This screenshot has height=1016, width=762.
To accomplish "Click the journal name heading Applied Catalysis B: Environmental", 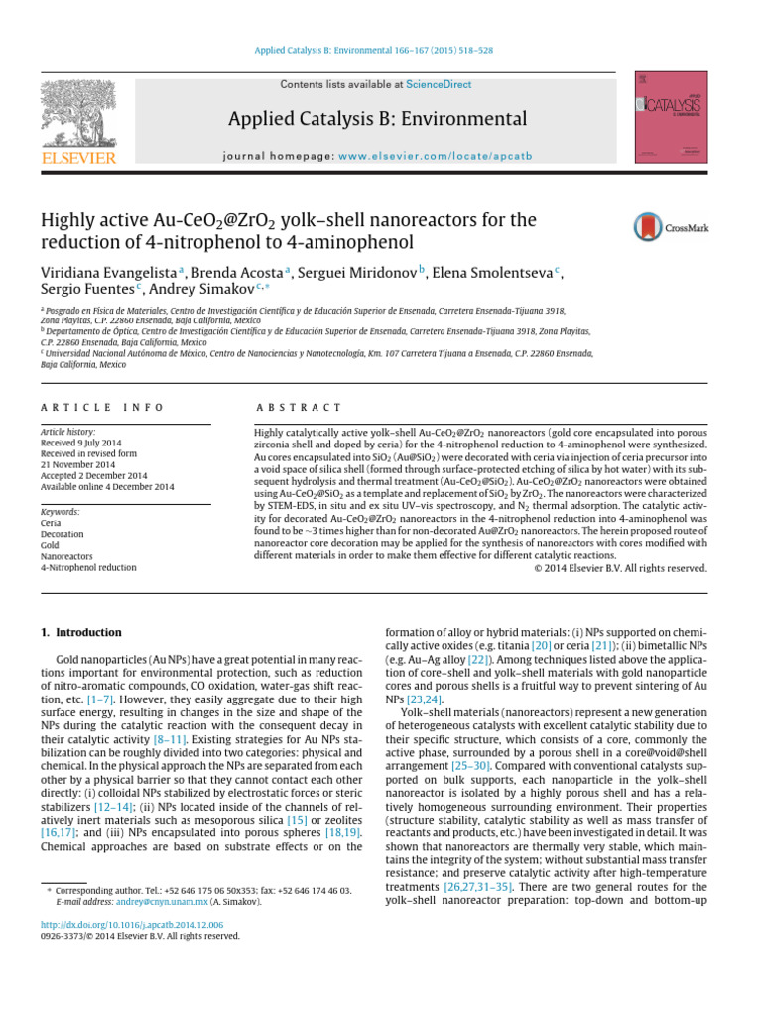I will coord(377,120).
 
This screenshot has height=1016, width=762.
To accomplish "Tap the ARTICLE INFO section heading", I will coord(102,408).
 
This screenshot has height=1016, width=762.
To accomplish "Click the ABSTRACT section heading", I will coord(298,408).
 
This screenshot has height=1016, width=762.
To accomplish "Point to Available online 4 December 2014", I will coord(107,487).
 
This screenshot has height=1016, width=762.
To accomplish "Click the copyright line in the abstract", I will coord(620,568).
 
